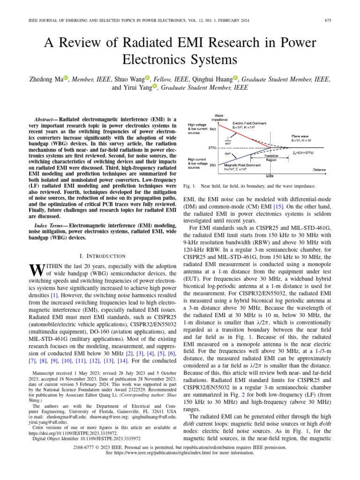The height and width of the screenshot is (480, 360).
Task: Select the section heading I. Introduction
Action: pyautogui.click(x=103, y=255)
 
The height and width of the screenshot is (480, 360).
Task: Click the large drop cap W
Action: pyautogui.click(x=36, y=270)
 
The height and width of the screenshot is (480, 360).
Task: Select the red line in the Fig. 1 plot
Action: pyautogui.click(x=244, y=135)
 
